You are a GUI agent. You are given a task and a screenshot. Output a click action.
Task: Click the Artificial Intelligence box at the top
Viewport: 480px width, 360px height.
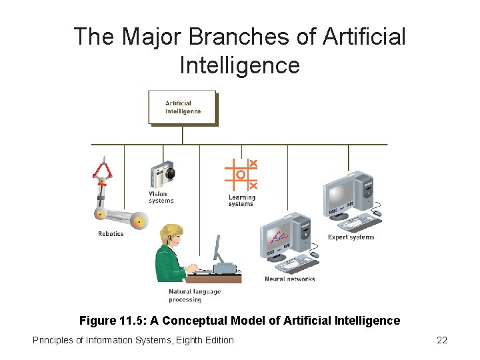183,107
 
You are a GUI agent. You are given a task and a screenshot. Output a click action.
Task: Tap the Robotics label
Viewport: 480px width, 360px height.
111,234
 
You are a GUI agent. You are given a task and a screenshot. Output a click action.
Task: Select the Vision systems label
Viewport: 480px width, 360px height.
161,197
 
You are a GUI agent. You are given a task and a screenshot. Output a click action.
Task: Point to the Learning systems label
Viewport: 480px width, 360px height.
241,201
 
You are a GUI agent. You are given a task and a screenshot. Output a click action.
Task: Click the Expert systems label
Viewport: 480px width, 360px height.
351,237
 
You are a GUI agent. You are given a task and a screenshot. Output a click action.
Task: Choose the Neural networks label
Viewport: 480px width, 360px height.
289,279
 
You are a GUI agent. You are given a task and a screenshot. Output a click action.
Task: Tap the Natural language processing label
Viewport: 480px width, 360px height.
194,295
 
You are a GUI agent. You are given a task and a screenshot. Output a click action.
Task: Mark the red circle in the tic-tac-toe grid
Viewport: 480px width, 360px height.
241,175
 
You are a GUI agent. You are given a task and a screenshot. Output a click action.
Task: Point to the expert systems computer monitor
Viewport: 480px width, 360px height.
343,194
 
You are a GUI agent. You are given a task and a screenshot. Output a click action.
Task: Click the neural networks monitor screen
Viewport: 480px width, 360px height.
279,237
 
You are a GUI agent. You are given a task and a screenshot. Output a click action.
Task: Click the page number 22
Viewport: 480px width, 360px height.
441,340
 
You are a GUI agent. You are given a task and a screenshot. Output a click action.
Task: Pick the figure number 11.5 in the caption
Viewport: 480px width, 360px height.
133,321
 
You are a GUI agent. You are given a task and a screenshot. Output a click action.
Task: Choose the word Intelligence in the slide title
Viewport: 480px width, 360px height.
240,65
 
